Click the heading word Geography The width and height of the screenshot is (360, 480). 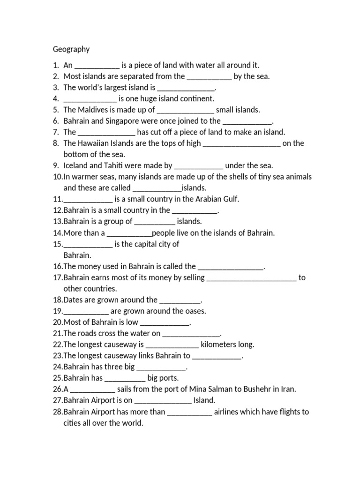tap(71, 49)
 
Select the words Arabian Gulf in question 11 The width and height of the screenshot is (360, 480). tap(216, 199)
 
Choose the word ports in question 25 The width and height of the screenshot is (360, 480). tap(169, 378)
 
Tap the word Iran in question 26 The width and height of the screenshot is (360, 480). tap(288, 389)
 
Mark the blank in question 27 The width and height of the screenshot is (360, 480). tap(163, 401)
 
